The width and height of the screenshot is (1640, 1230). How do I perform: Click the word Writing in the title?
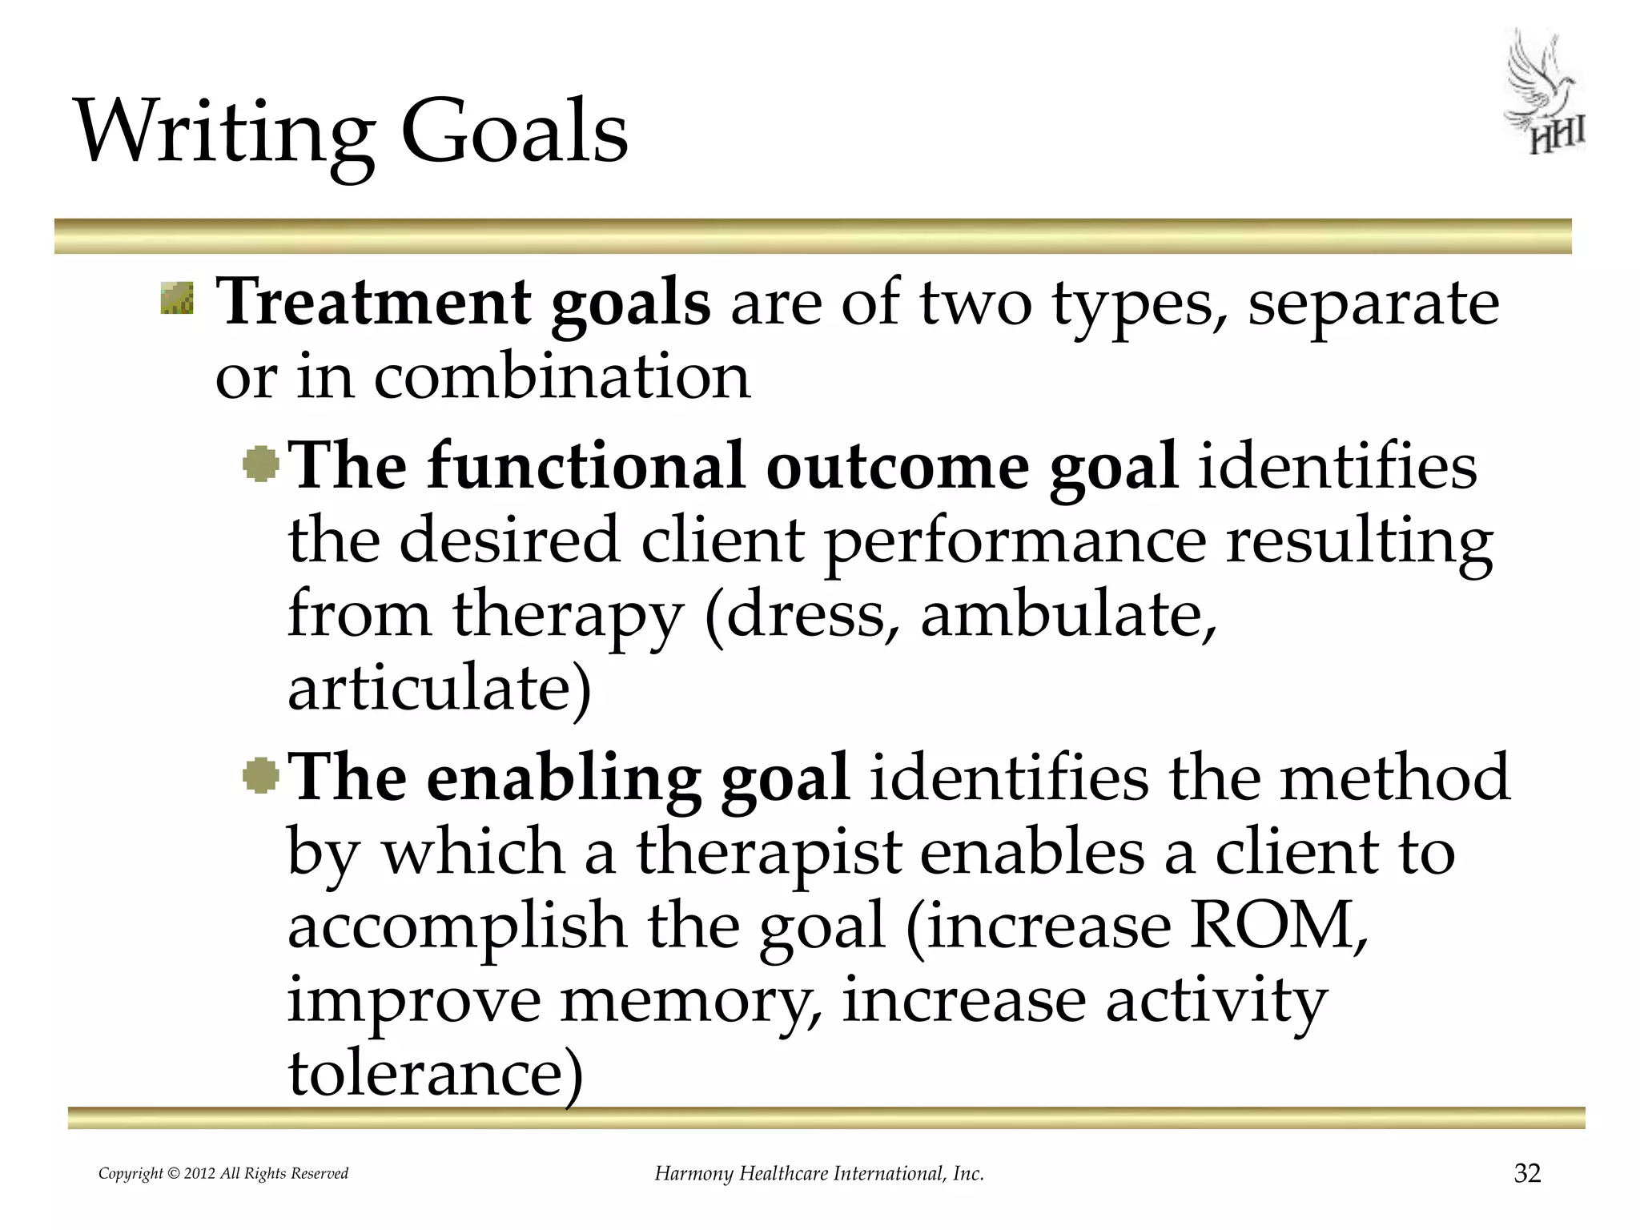(223, 132)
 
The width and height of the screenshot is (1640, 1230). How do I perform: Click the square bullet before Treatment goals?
(176, 298)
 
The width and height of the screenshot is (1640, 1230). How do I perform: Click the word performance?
(1015, 541)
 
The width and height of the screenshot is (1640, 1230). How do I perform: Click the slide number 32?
(1527, 1173)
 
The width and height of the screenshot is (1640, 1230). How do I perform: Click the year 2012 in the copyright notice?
(199, 1174)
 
